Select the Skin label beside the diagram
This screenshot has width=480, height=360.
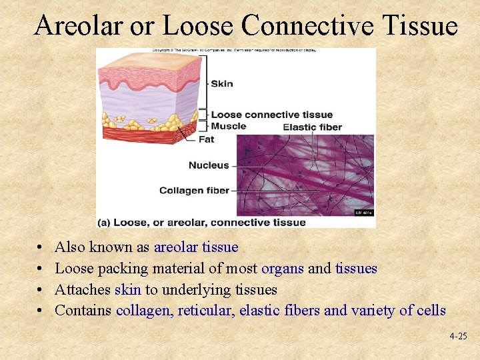(222, 83)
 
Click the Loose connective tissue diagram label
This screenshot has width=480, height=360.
(271, 115)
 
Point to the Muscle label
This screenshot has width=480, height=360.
(228, 126)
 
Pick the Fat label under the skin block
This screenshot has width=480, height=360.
(206, 140)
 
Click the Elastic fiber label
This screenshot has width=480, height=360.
(312, 127)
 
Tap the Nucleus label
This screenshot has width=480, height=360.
(208, 165)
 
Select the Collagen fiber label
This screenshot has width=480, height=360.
(194, 191)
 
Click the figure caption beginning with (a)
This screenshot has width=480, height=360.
(201, 223)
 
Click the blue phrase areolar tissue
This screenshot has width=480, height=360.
(196, 247)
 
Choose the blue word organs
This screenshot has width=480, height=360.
(283, 269)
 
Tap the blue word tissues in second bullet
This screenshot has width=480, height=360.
(356, 269)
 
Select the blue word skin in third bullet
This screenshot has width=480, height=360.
(128, 290)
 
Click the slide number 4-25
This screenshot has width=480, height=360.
(458, 337)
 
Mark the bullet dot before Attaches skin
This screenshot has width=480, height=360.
(41, 291)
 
